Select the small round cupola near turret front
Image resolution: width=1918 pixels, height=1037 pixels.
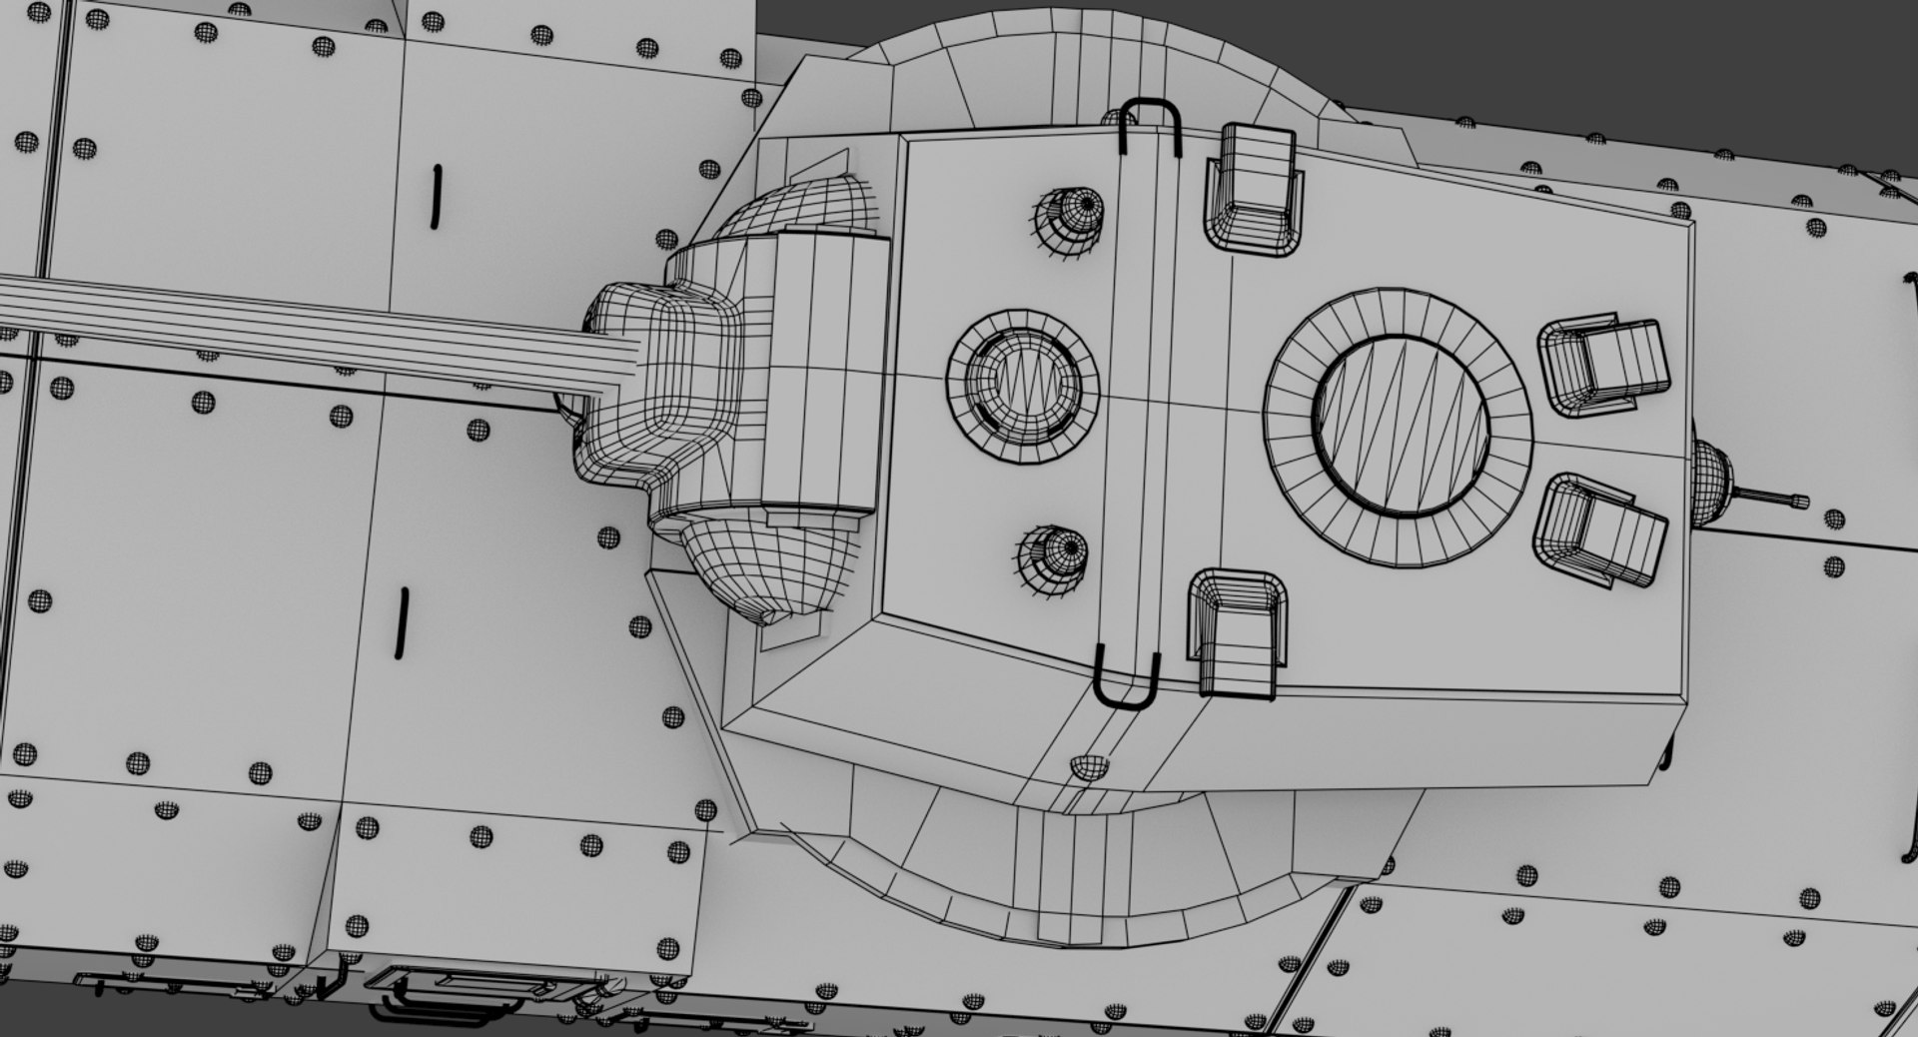[x=1023, y=387]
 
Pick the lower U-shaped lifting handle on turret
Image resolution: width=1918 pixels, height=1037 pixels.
[x=1126, y=679]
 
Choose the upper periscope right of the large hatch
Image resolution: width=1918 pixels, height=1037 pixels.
[x=1604, y=366]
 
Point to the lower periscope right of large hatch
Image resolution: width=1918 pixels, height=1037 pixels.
[x=1598, y=529]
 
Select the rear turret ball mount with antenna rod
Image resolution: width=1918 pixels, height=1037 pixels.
[x=1718, y=480]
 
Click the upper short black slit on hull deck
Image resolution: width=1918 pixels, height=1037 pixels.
[x=436, y=197]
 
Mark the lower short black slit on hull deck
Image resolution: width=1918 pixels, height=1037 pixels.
[x=403, y=622]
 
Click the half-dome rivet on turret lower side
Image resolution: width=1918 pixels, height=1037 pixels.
[x=1088, y=766]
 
